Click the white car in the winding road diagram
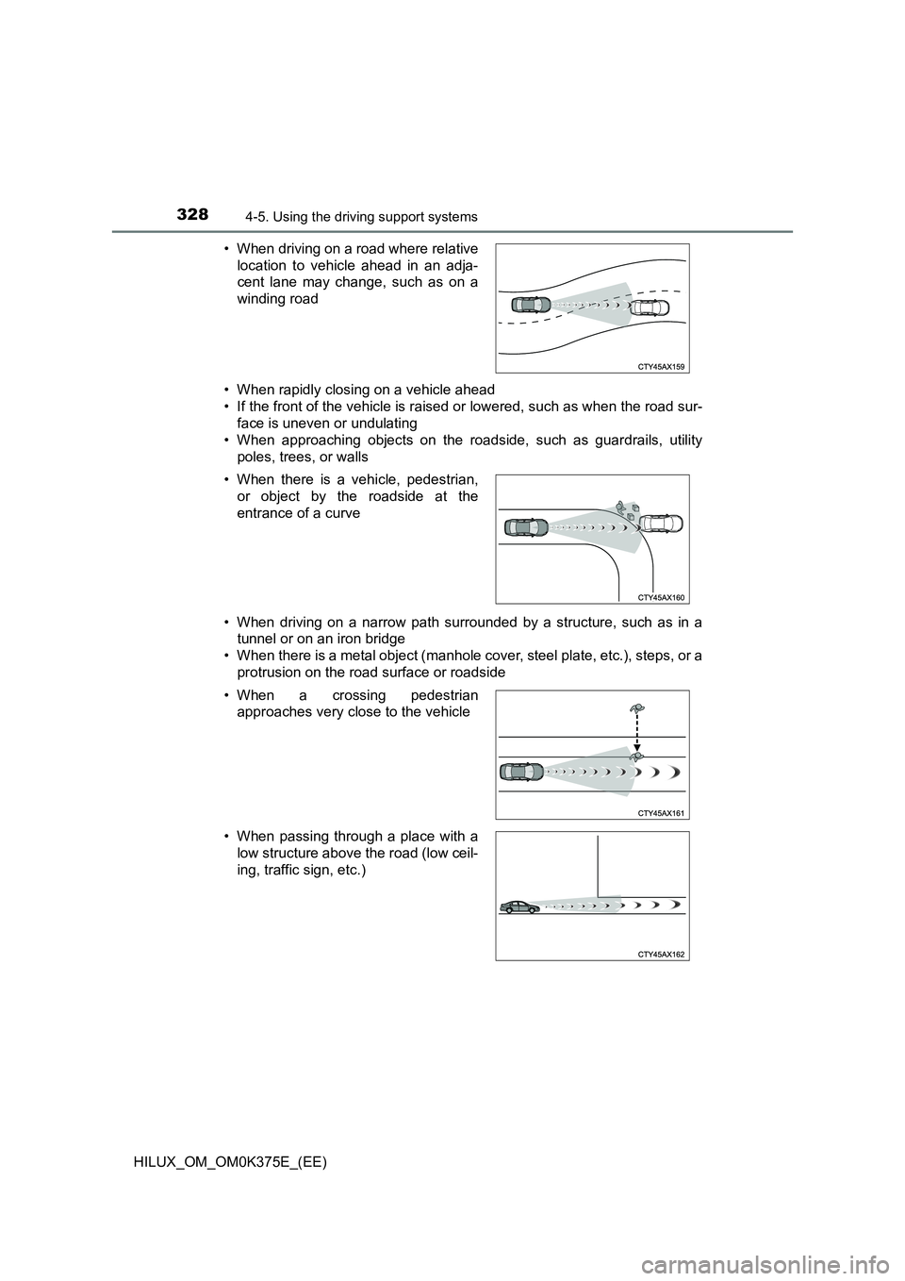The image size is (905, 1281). point(650,308)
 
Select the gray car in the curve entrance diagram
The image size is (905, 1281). point(526,528)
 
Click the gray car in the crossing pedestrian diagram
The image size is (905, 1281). point(522,771)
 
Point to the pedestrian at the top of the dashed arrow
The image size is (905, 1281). point(638,707)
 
